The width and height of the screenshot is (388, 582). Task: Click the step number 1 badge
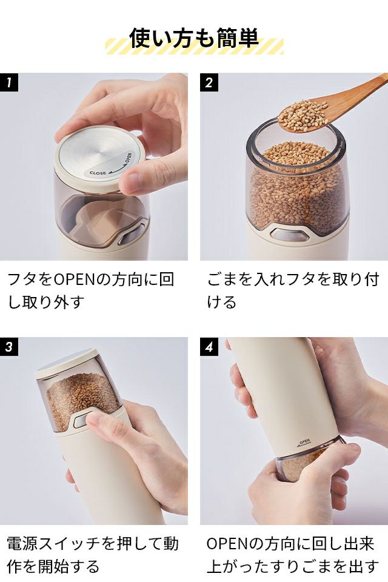click(x=9, y=82)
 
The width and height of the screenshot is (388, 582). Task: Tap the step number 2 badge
click(x=209, y=82)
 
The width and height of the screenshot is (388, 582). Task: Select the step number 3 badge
click(x=9, y=346)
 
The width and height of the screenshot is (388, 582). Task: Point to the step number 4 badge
click(x=209, y=346)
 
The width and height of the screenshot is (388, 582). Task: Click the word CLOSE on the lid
click(x=98, y=173)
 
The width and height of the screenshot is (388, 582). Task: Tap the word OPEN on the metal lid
click(x=128, y=158)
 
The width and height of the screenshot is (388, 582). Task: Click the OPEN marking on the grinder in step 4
click(x=304, y=441)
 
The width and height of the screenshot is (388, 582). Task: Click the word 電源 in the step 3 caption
click(x=22, y=544)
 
